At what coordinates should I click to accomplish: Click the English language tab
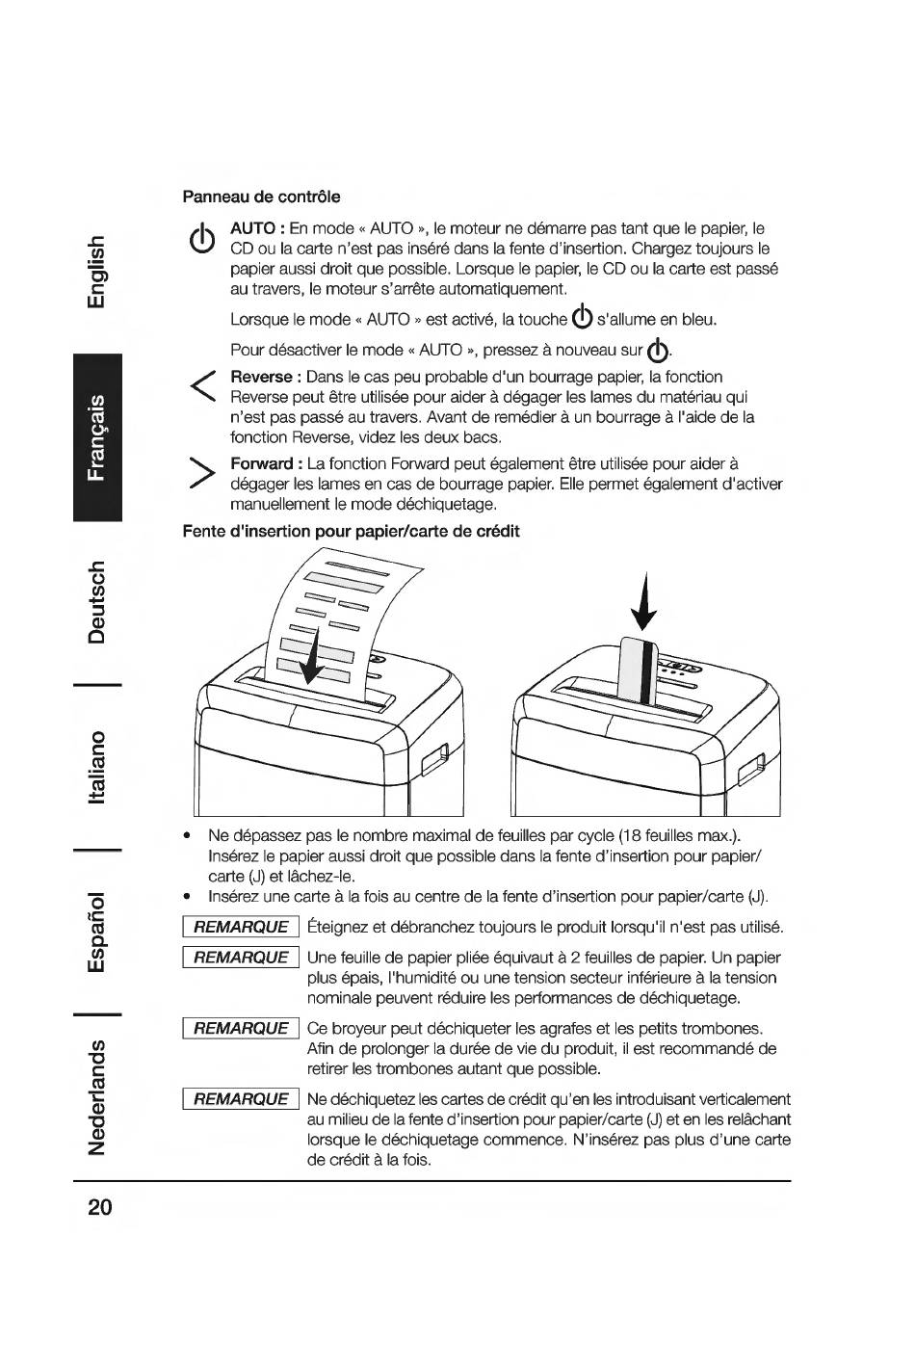click(x=97, y=272)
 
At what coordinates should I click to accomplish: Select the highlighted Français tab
click(x=97, y=437)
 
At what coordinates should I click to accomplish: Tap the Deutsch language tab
click(x=97, y=602)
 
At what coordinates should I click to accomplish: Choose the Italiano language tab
click(x=97, y=767)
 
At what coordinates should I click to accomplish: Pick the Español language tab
click(x=97, y=932)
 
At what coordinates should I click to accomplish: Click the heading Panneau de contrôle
click(x=261, y=197)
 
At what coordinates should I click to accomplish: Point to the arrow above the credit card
click(x=644, y=601)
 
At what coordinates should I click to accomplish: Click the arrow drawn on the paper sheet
click(x=312, y=657)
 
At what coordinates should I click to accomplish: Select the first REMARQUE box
click(x=241, y=927)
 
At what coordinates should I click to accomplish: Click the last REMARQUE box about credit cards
click(x=241, y=1099)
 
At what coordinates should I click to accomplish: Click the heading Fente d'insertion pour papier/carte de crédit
click(x=351, y=532)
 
